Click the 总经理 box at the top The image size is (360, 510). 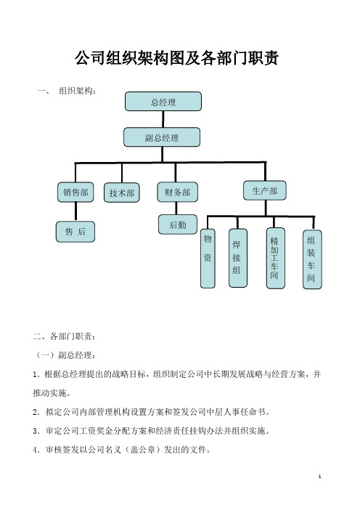(163, 102)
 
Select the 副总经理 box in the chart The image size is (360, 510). (162, 137)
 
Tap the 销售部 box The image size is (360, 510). (75, 193)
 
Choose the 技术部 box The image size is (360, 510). (122, 193)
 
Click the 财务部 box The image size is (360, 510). (177, 192)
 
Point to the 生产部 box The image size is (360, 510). (265, 190)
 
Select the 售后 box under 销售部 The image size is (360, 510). (75, 232)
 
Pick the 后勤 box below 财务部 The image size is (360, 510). (178, 224)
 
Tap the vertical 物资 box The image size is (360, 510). (208, 258)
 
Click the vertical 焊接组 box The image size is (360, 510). (238, 258)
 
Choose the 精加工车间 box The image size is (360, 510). (276, 258)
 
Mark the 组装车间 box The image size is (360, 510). (312, 259)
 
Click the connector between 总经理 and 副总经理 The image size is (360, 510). (163, 119)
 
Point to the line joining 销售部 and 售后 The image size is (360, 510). (75, 211)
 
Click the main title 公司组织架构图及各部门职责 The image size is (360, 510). (177, 59)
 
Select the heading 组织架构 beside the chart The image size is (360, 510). (77, 91)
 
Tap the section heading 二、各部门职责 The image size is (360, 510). (65, 336)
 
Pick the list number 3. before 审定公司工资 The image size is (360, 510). (36, 432)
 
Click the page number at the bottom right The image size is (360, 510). (319, 477)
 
